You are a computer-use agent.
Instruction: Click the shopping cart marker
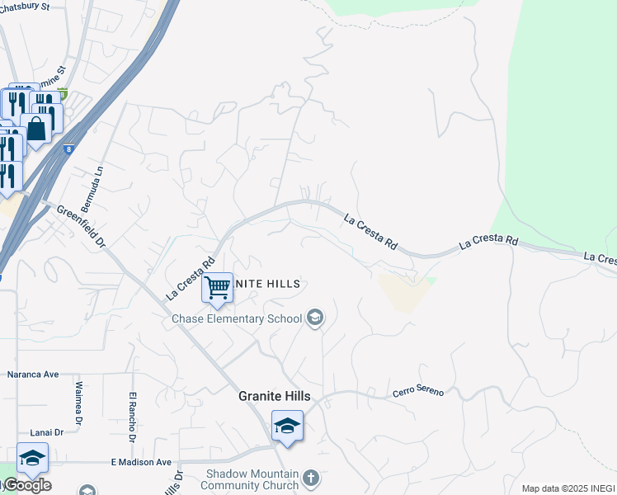217,288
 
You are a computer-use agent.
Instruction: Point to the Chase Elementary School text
237,318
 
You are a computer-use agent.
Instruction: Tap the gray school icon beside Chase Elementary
314,318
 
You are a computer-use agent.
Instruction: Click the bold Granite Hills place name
274,396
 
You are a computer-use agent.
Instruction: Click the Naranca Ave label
33,374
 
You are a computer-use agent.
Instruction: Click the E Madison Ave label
140,463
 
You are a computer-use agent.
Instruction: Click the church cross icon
310,478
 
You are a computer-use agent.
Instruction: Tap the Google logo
27,485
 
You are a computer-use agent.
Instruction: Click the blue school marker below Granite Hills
287,426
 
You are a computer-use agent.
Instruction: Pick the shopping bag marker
36,128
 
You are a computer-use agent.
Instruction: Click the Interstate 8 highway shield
68,149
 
